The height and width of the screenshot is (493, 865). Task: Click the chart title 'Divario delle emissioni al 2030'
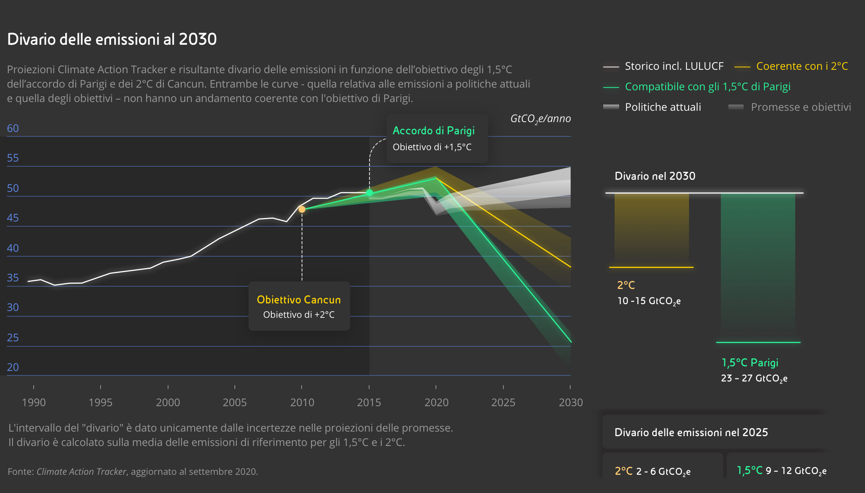pyautogui.click(x=112, y=39)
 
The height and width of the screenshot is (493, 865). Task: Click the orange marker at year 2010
pyautogui.click(x=302, y=209)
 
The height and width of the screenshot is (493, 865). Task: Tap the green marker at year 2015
pyautogui.click(x=370, y=193)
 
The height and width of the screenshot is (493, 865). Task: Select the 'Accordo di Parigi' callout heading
pyautogui.click(x=434, y=131)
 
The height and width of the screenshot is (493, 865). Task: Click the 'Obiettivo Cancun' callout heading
pyautogui.click(x=299, y=300)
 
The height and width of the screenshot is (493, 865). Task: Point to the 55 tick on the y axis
pyautogui.click(x=13, y=158)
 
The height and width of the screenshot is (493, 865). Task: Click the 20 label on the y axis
pyautogui.click(x=13, y=367)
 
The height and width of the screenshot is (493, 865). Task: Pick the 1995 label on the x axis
pyautogui.click(x=101, y=402)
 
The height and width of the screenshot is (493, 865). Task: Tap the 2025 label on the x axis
pyautogui.click(x=503, y=402)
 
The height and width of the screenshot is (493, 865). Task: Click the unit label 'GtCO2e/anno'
pyautogui.click(x=540, y=119)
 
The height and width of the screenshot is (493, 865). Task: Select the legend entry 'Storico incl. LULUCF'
pyautogui.click(x=674, y=66)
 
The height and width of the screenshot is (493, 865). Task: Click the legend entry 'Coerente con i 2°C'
pyautogui.click(x=802, y=66)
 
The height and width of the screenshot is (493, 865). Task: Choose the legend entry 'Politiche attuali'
pyautogui.click(x=663, y=107)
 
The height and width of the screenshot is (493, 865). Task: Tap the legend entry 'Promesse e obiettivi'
pyautogui.click(x=801, y=107)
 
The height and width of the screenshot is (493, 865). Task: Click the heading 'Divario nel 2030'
pyautogui.click(x=655, y=176)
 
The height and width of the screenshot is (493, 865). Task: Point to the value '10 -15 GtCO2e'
pyautogui.click(x=649, y=301)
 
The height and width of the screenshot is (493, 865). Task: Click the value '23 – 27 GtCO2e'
pyautogui.click(x=754, y=378)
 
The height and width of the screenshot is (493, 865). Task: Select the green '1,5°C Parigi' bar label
pyautogui.click(x=750, y=363)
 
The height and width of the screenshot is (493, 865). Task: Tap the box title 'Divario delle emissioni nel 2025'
pyautogui.click(x=691, y=433)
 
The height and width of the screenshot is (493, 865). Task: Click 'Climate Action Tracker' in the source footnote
pyautogui.click(x=81, y=472)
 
